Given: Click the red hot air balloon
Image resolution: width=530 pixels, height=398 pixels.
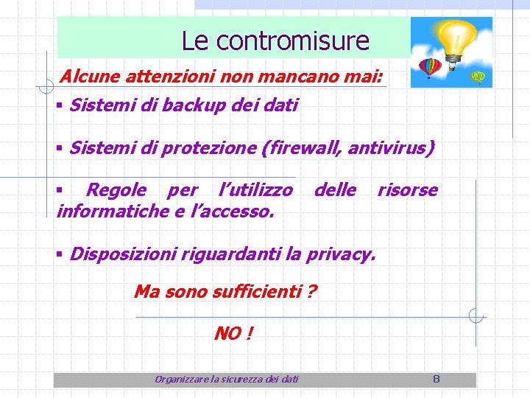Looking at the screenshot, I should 428,67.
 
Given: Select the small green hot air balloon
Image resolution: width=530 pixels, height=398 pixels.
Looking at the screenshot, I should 478,76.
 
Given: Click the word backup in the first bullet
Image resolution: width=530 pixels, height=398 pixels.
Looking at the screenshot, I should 192,105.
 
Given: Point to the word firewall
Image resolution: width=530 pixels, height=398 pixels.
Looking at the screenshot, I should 303,148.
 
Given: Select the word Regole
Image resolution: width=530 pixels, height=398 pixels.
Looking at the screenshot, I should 116,190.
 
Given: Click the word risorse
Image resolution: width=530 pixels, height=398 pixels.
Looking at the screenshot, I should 407,190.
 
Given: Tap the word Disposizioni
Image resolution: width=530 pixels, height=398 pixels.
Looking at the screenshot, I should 121,255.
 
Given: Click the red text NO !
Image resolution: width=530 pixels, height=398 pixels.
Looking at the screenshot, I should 233,334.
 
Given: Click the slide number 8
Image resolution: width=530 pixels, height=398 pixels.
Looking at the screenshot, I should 436,379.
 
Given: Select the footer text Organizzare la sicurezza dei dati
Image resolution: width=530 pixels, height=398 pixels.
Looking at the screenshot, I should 227,379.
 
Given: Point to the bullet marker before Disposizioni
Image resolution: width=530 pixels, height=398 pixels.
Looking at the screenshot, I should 59,255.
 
